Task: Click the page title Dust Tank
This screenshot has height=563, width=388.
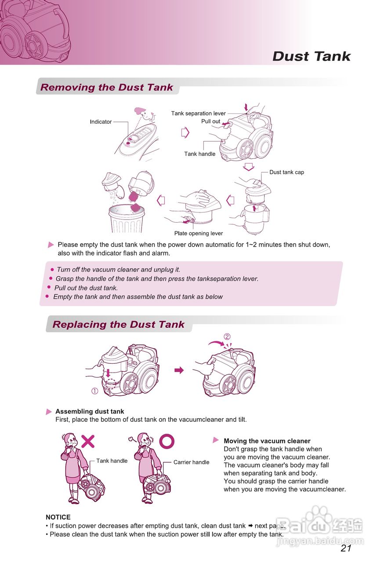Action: (311, 56)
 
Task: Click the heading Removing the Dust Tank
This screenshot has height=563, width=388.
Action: (107, 87)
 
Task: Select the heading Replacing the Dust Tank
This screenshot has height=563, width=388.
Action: (118, 325)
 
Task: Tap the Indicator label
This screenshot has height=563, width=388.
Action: (101, 122)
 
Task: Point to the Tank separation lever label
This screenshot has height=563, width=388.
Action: (198, 113)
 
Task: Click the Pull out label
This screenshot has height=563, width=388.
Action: (210, 121)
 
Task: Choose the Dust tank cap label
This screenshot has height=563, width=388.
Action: (286, 172)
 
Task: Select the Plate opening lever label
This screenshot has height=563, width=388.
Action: (198, 234)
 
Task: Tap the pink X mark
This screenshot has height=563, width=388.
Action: (88, 441)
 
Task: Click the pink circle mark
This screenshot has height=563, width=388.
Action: (167, 441)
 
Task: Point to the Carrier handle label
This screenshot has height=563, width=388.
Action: (191, 462)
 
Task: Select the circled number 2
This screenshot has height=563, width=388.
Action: (227, 337)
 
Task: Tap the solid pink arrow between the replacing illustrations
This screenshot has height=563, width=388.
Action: (179, 370)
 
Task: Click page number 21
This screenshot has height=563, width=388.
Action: (346, 548)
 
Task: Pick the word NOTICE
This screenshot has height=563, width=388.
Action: (58, 517)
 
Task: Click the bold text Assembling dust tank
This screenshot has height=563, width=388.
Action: (90, 412)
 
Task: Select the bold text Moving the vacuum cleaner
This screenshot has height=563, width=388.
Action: (267, 441)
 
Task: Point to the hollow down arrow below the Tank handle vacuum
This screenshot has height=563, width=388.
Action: (249, 167)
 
